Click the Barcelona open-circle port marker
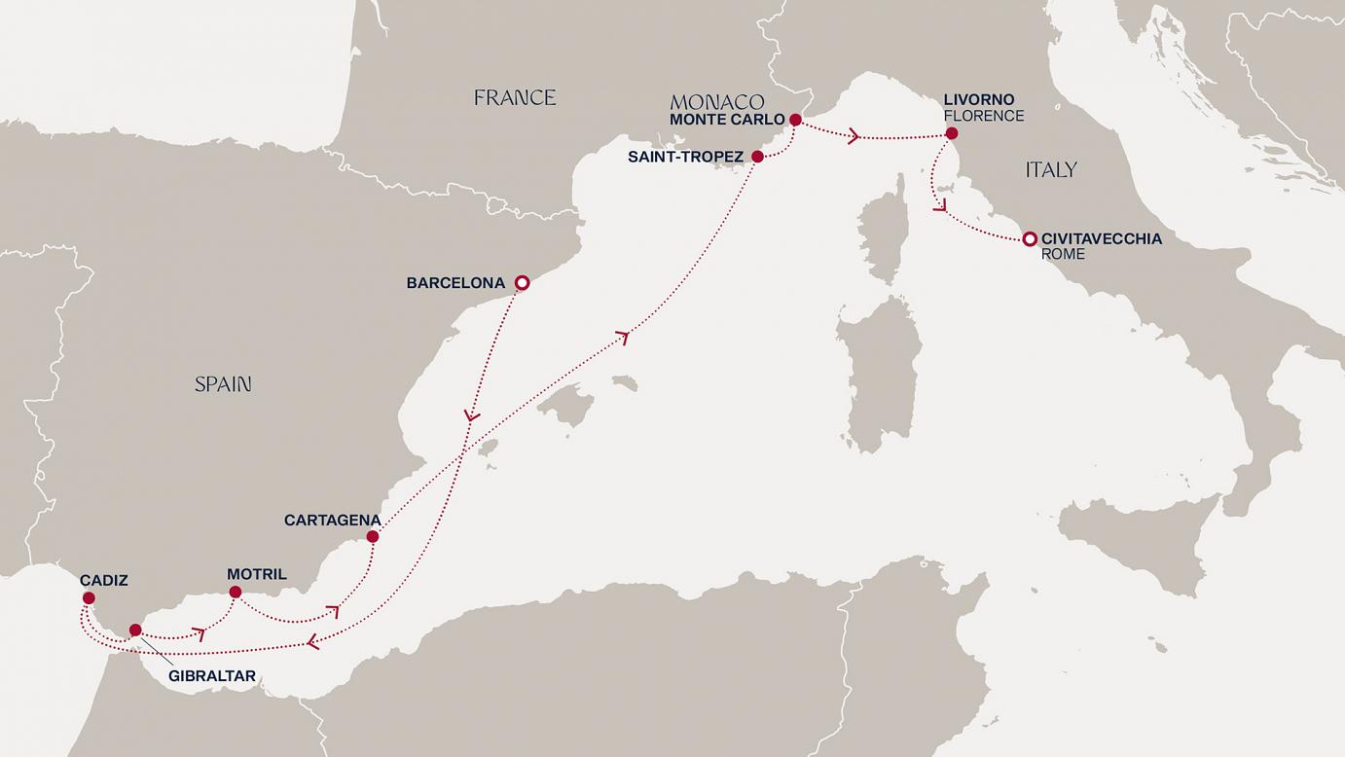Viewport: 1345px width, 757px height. [522, 283]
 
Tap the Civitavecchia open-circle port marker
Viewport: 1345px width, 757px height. [1029, 238]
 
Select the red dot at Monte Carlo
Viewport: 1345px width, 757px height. [795, 120]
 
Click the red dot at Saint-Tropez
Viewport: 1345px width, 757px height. [757, 156]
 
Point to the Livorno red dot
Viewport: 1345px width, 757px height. [951, 133]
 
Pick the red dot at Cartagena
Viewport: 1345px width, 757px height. [372, 536]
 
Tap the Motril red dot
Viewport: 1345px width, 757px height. [235, 592]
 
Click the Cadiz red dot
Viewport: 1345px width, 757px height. [89, 597]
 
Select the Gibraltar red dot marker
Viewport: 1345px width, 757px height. [135, 630]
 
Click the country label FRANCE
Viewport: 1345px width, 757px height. [515, 97]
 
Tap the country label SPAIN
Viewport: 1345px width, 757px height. [223, 384]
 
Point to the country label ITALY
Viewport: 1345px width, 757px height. [1051, 170]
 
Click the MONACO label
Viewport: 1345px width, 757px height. [717, 102]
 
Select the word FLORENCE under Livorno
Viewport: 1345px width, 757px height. [983, 116]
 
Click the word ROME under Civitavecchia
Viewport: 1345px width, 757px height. [1063, 254]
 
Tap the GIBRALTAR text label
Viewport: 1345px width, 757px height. [213, 674]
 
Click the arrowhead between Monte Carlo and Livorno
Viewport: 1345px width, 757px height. [854, 136]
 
